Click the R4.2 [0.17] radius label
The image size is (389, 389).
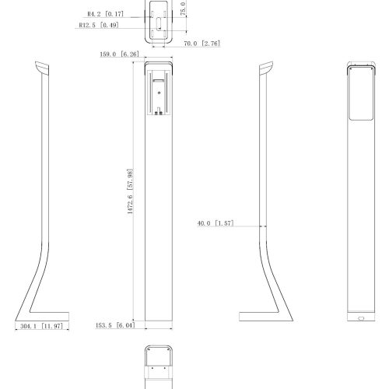(x=105, y=14)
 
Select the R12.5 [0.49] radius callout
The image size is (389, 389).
(x=99, y=25)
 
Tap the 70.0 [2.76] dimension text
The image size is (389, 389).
(x=202, y=44)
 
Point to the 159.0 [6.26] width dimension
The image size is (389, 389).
(x=119, y=54)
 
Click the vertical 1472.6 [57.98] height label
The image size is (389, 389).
(x=130, y=191)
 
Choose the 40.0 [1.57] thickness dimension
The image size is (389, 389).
(x=216, y=223)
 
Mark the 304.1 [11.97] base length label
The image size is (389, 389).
(x=41, y=326)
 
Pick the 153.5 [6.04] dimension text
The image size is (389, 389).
(x=115, y=325)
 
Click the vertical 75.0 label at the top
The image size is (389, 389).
(x=183, y=9)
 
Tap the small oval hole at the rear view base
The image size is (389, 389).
(x=361, y=318)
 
